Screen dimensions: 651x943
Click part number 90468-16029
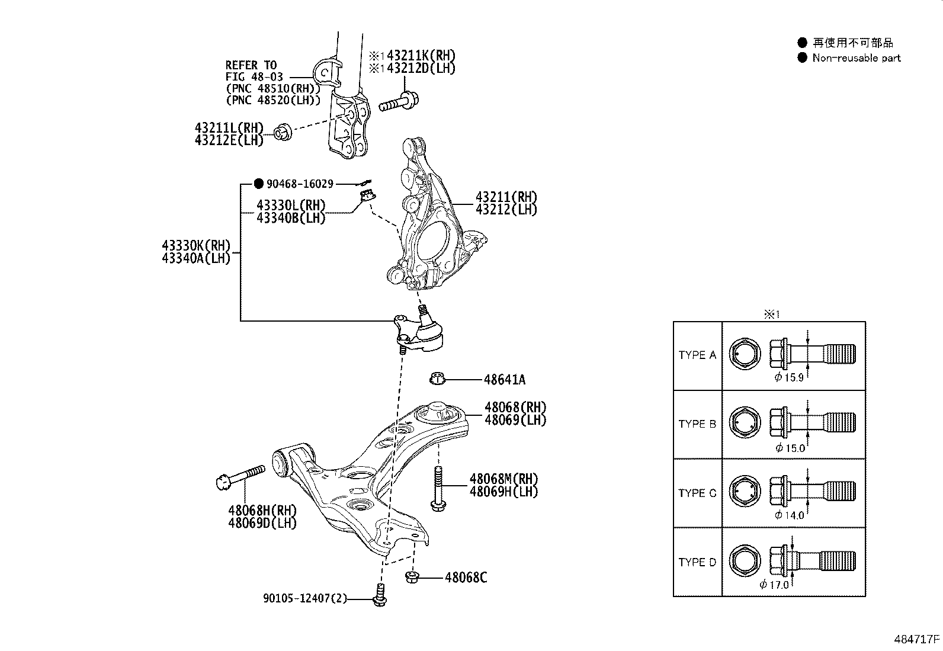(x=300, y=184)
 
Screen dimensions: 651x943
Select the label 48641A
(x=504, y=380)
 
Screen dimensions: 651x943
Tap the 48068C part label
(x=466, y=578)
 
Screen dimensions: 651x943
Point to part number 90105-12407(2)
(x=305, y=599)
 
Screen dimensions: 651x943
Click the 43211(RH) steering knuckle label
(x=506, y=197)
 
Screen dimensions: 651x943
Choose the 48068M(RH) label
(x=503, y=479)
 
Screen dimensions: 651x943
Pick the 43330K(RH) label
(x=196, y=245)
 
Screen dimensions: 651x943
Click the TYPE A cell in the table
(x=697, y=355)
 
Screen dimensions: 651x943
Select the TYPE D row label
(x=697, y=562)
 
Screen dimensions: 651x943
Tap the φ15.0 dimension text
(x=790, y=448)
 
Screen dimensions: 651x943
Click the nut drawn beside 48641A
(x=437, y=378)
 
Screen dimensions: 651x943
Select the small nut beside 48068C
(x=412, y=576)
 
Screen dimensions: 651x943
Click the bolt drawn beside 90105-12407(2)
(x=380, y=595)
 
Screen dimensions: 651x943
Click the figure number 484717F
(x=917, y=640)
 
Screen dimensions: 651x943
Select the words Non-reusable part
(x=857, y=58)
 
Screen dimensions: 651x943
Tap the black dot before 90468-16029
(x=258, y=184)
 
